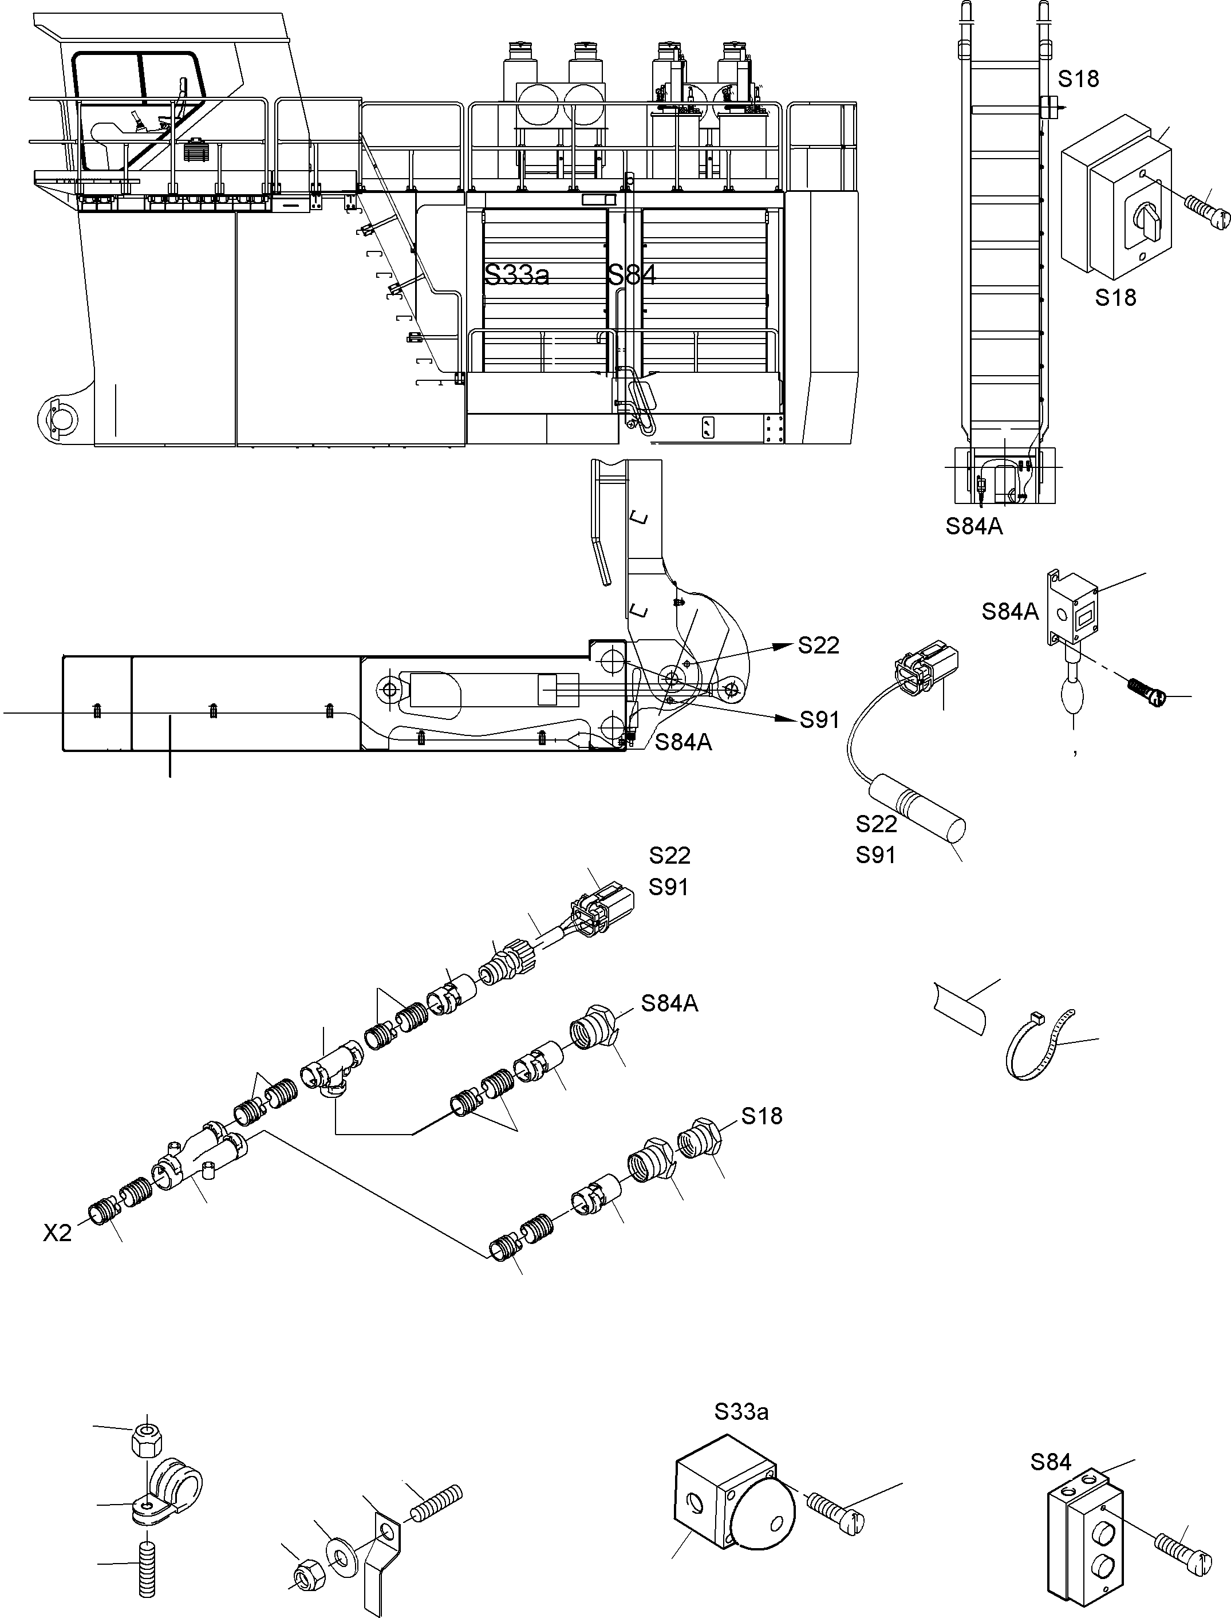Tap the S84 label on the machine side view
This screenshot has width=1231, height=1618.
631,275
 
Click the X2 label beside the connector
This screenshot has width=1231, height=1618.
57,1233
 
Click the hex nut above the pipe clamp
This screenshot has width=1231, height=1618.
146,1442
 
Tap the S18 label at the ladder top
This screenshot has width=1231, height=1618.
1078,78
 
